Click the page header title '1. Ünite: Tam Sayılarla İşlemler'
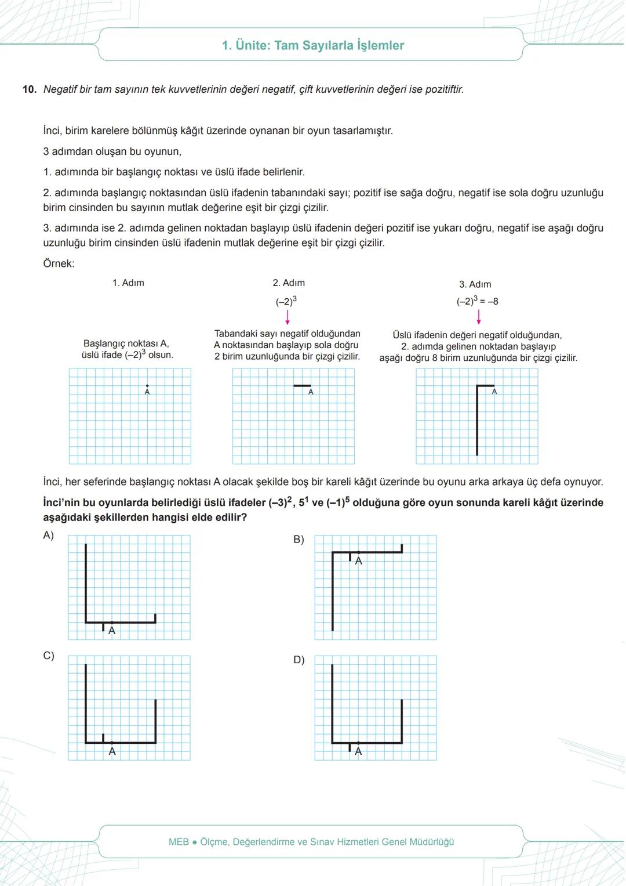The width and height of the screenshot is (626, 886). point(313,45)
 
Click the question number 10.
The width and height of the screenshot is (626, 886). point(29,89)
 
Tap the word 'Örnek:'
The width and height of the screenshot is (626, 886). point(59,263)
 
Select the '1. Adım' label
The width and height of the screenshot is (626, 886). point(128,283)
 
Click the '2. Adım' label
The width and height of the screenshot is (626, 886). point(289,283)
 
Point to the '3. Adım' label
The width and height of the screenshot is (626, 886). point(475,284)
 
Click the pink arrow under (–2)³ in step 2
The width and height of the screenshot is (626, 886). point(287,317)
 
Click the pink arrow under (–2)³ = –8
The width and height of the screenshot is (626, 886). point(478,317)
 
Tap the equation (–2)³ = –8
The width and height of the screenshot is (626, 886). point(477,301)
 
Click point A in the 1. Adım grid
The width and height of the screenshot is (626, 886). point(147,386)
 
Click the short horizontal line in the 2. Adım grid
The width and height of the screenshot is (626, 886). point(302,386)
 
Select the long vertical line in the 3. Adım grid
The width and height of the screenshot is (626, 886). point(477,421)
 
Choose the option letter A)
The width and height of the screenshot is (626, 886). point(49,535)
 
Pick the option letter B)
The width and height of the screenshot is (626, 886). point(299,540)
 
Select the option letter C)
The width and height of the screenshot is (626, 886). point(49,656)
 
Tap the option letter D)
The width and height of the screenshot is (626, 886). point(299,660)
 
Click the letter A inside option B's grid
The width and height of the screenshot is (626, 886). point(358,561)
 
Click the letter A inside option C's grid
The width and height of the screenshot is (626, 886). point(112,751)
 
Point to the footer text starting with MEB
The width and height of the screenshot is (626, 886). point(311,841)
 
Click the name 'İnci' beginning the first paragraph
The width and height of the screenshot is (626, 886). point(52,131)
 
